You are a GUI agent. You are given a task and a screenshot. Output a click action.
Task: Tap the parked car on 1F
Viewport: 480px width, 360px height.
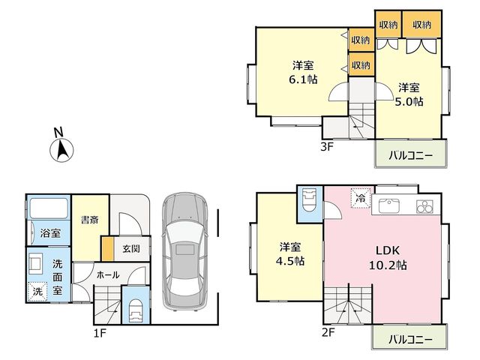click(x=184, y=252)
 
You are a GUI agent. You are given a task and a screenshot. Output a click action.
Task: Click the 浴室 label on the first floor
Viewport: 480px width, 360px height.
click(x=50, y=233)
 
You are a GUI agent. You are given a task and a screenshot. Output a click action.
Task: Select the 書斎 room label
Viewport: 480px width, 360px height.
click(x=90, y=220)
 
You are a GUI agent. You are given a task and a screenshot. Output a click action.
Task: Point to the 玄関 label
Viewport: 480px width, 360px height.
click(x=131, y=248)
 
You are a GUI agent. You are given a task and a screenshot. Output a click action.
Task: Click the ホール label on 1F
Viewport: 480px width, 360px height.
click(x=108, y=275)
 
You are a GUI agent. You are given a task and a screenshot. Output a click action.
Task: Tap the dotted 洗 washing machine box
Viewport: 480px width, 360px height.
click(x=37, y=291)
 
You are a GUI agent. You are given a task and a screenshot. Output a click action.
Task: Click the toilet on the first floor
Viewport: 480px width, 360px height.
click(x=136, y=310)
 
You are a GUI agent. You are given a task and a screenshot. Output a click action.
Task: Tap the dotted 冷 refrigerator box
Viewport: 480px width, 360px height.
click(x=361, y=198)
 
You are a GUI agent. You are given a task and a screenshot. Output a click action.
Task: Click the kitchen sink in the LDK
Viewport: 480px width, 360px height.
click(x=388, y=205)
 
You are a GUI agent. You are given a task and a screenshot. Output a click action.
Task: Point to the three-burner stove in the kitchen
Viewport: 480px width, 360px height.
click(x=424, y=206)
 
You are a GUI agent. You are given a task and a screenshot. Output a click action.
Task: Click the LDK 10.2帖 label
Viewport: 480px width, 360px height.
click(x=388, y=258)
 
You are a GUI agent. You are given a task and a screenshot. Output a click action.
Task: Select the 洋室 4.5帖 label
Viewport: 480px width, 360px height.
click(x=290, y=253)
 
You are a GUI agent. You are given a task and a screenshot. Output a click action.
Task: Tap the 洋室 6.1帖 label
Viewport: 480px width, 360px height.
click(x=303, y=73)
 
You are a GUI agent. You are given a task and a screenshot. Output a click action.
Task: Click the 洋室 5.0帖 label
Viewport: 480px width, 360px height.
click(x=409, y=94)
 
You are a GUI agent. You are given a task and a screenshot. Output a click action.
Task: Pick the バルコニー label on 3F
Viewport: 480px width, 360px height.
click(x=410, y=155)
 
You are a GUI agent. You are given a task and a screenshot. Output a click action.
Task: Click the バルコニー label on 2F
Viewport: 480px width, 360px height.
click(x=410, y=339)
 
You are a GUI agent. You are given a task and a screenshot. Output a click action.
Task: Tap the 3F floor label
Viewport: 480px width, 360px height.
click(x=326, y=147)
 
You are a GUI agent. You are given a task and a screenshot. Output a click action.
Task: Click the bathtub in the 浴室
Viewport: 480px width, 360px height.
click(x=49, y=208)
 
